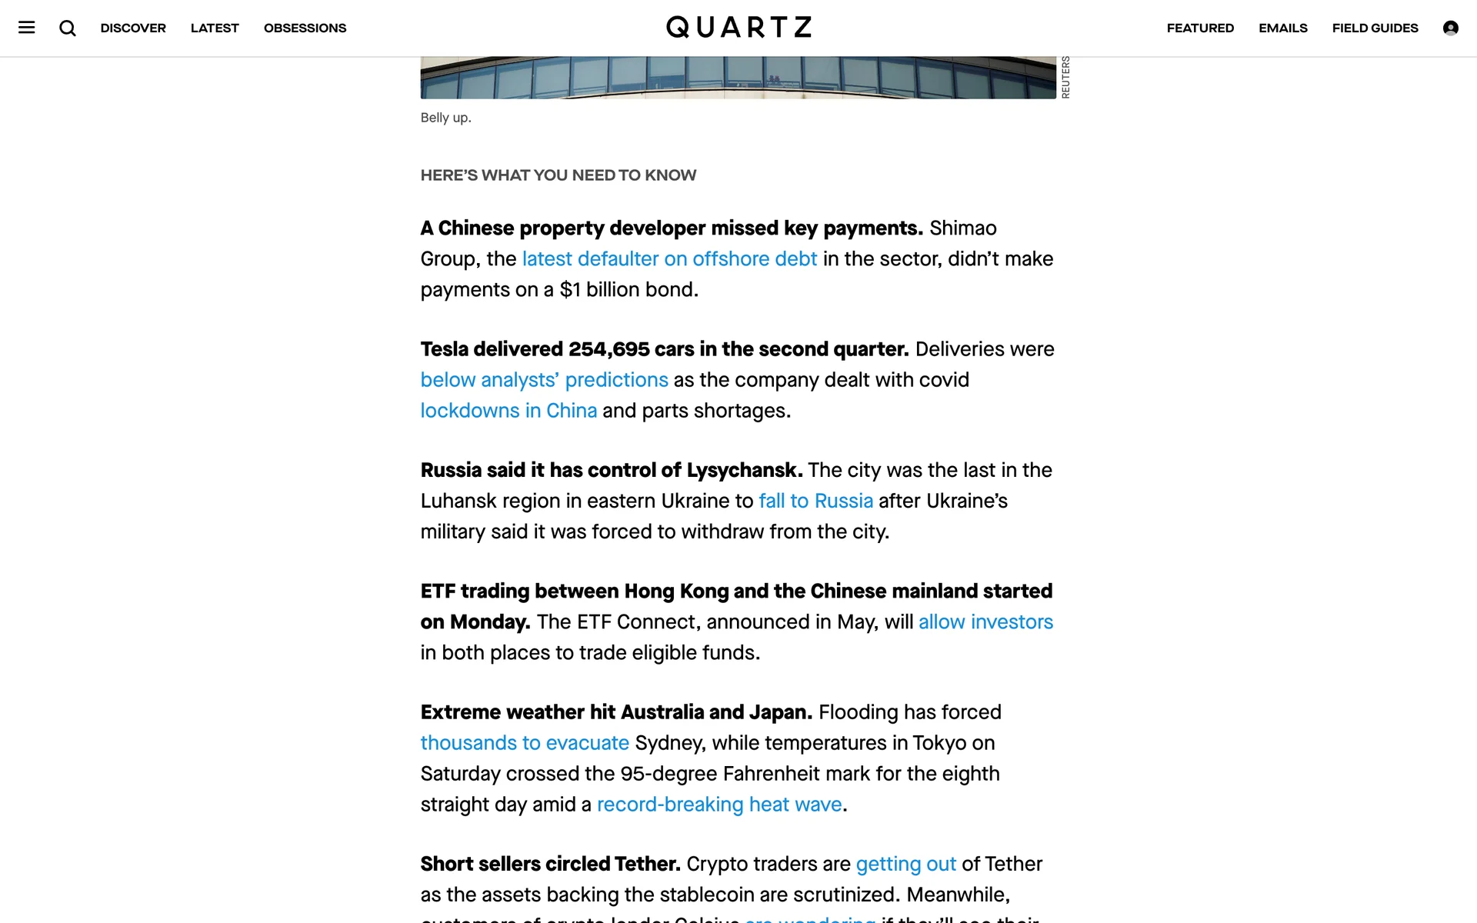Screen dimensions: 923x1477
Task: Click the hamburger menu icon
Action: tap(27, 28)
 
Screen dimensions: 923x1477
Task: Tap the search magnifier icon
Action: tap(68, 28)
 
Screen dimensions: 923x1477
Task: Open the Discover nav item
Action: tap(133, 28)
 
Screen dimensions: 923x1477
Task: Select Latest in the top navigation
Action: tap(215, 28)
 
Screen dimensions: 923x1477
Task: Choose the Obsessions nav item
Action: tap(305, 28)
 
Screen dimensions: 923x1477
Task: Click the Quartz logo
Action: tap(738, 28)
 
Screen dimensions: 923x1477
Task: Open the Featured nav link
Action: tap(1200, 28)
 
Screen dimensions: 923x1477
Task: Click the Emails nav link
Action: tap(1282, 28)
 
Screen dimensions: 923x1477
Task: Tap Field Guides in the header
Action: tap(1375, 28)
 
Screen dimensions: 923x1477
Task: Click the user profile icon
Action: tap(1450, 28)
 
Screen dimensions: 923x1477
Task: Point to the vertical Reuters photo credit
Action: tap(1065, 77)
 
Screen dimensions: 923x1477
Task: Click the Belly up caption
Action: tap(445, 118)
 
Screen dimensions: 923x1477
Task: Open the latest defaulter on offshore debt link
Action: tap(669, 259)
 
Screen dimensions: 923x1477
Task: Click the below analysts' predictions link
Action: tap(544, 380)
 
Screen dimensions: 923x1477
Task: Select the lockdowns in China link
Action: tap(508, 411)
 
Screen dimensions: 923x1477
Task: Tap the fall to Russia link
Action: tap(815, 501)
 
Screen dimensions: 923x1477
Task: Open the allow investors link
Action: tap(985, 621)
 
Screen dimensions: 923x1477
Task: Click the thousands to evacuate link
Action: tap(525, 743)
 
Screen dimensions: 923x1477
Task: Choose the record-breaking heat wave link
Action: tap(719, 805)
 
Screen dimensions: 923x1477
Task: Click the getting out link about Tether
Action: tap(905, 864)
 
